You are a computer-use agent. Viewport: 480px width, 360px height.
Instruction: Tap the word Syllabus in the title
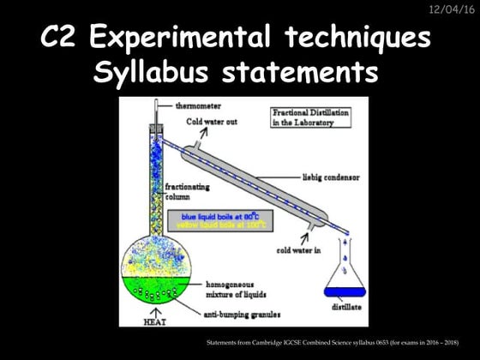tap(153, 74)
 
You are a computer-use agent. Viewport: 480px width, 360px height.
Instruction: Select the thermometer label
tap(199, 105)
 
